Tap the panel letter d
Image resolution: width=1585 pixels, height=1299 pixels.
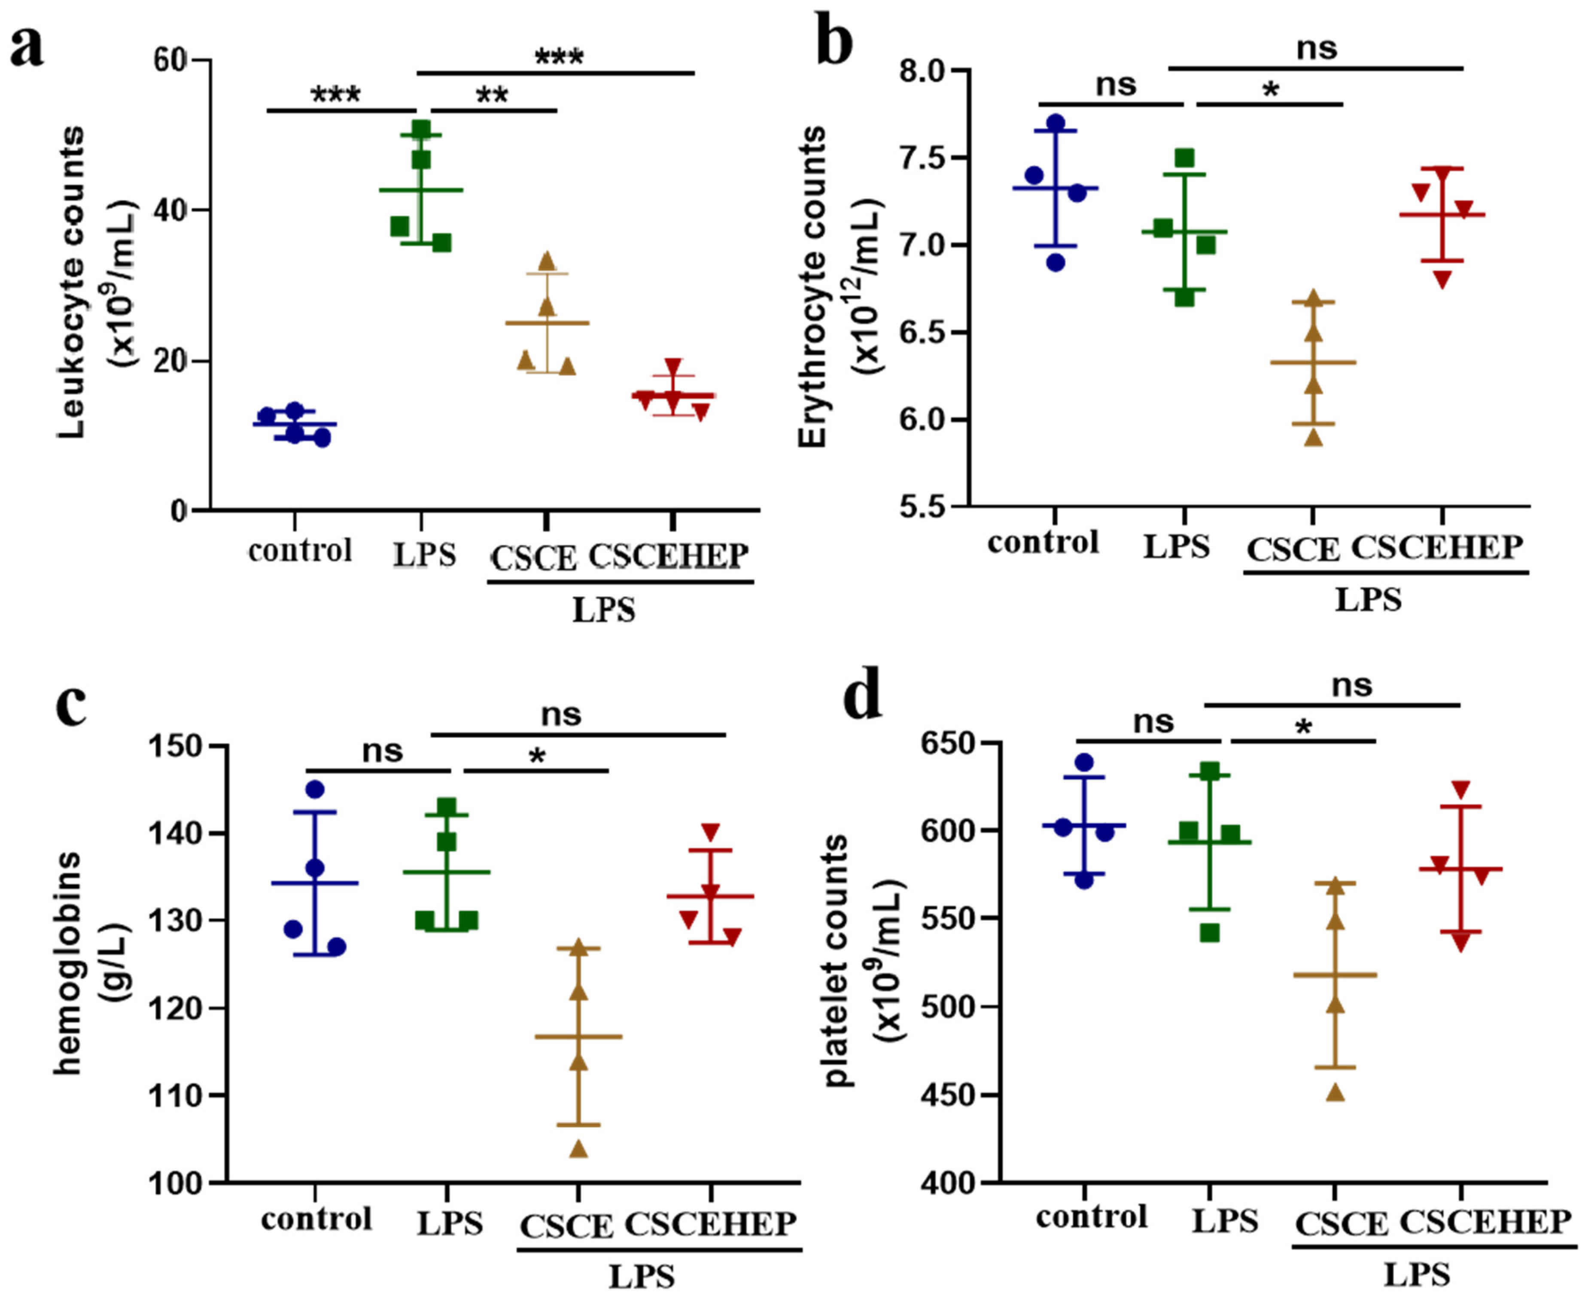point(862,696)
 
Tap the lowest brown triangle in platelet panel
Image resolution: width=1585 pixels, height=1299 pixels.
point(1336,1093)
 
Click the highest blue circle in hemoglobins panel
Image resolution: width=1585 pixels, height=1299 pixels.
point(315,789)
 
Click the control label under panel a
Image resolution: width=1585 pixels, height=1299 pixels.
point(299,551)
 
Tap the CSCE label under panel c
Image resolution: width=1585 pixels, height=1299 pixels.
point(566,1227)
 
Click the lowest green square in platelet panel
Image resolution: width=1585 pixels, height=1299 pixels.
point(1210,933)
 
